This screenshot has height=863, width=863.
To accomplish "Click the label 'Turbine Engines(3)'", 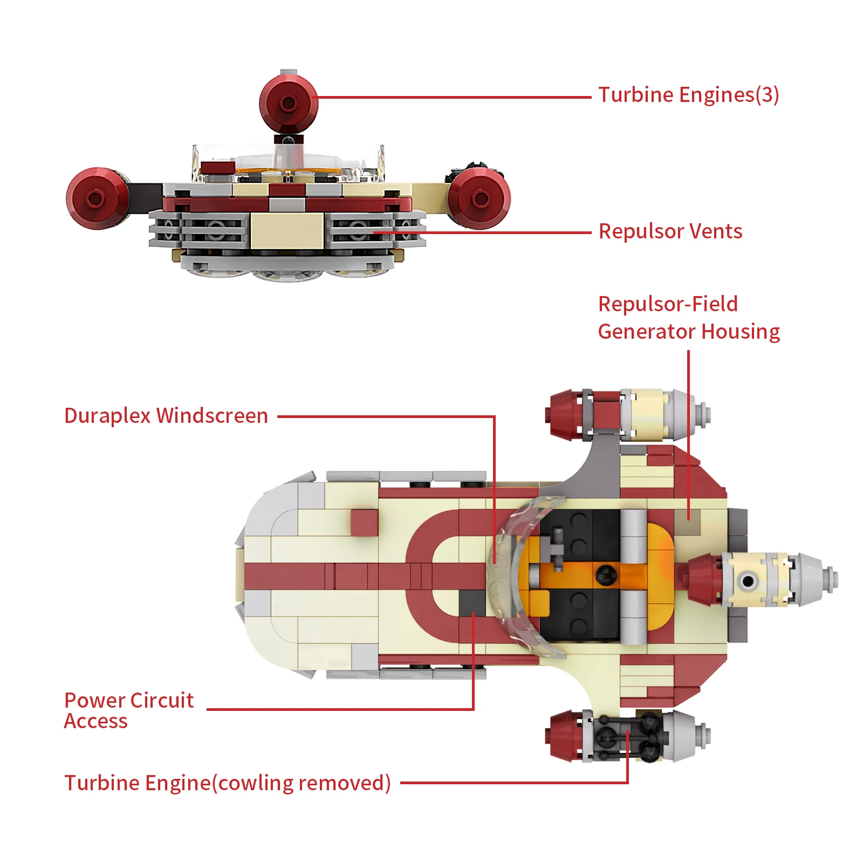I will click(688, 95).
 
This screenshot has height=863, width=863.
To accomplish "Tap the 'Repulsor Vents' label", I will click(670, 231).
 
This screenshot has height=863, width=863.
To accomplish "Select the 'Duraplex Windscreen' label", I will click(166, 416).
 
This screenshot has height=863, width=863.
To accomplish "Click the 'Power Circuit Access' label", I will click(128, 710).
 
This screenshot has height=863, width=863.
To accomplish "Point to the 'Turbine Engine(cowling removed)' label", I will click(227, 783).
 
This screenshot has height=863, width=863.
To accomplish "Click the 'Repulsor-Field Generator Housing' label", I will click(688, 318).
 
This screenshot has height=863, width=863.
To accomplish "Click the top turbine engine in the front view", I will click(288, 102).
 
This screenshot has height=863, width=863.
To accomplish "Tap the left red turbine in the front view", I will click(96, 198).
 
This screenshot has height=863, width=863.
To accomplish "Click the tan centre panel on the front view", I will click(287, 231).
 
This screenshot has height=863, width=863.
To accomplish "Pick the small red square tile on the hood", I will click(364, 523).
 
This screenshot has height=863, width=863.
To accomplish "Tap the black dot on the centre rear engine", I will click(748, 581).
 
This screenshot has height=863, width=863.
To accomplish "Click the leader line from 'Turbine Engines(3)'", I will click(453, 98).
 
